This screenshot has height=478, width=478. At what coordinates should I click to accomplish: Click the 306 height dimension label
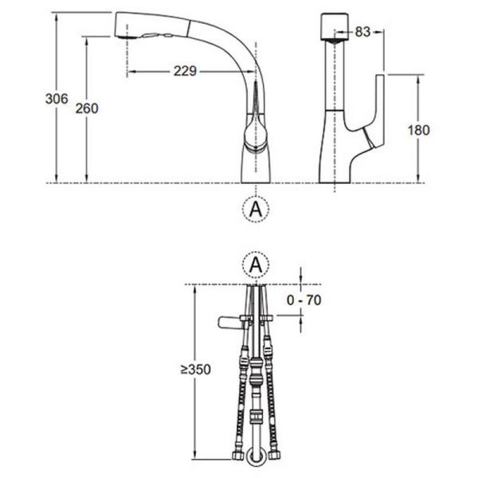tap(57, 99)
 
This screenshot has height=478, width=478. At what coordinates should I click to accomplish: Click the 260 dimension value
tap(87, 108)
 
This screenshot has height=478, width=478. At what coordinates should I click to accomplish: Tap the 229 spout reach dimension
tap(185, 71)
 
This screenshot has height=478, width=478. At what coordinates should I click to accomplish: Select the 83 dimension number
tap(362, 32)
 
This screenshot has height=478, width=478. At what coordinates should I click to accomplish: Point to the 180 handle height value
tap(418, 130)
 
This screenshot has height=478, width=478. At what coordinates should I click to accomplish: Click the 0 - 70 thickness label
tap(304, 300)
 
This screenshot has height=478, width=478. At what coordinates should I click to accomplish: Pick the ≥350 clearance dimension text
tap(196, 370)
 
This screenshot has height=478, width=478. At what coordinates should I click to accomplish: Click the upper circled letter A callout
tap(256, 209)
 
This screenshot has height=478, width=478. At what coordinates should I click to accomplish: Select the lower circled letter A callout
tap(256, 264)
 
